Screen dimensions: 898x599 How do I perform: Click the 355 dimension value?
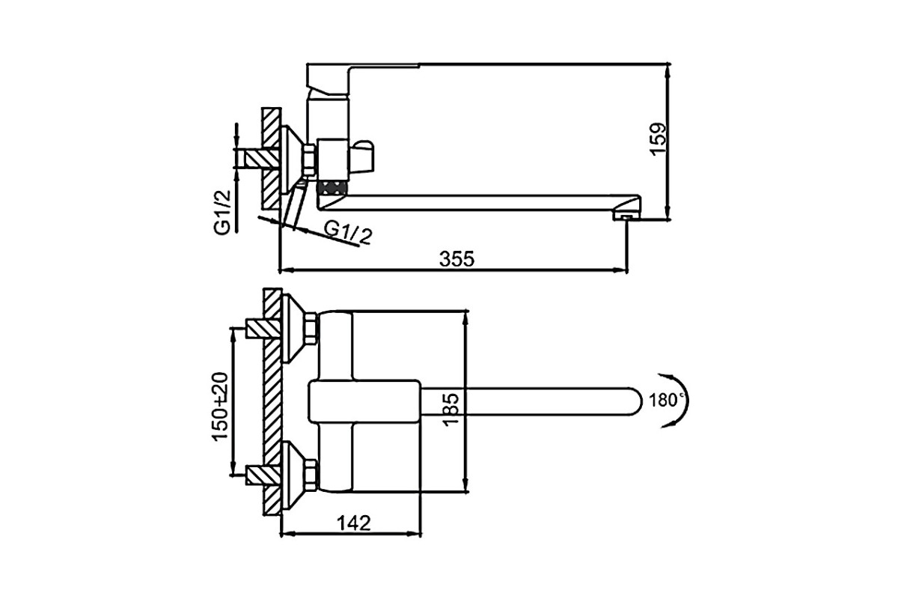pyautogui.click(x=456, y=259)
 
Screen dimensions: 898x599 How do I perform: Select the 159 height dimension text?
pyautogui.click(x=658, y=139)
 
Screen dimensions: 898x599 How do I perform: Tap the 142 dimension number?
pyautogui.click(x=353, y=523)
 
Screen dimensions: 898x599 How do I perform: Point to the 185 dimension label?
pyautogui.click(x=451, y=410)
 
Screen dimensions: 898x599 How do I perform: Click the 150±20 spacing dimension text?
pyautogui.click(x=220, y=407)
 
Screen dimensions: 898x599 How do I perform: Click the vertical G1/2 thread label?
pyautogui.click(x=222, y=212)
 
